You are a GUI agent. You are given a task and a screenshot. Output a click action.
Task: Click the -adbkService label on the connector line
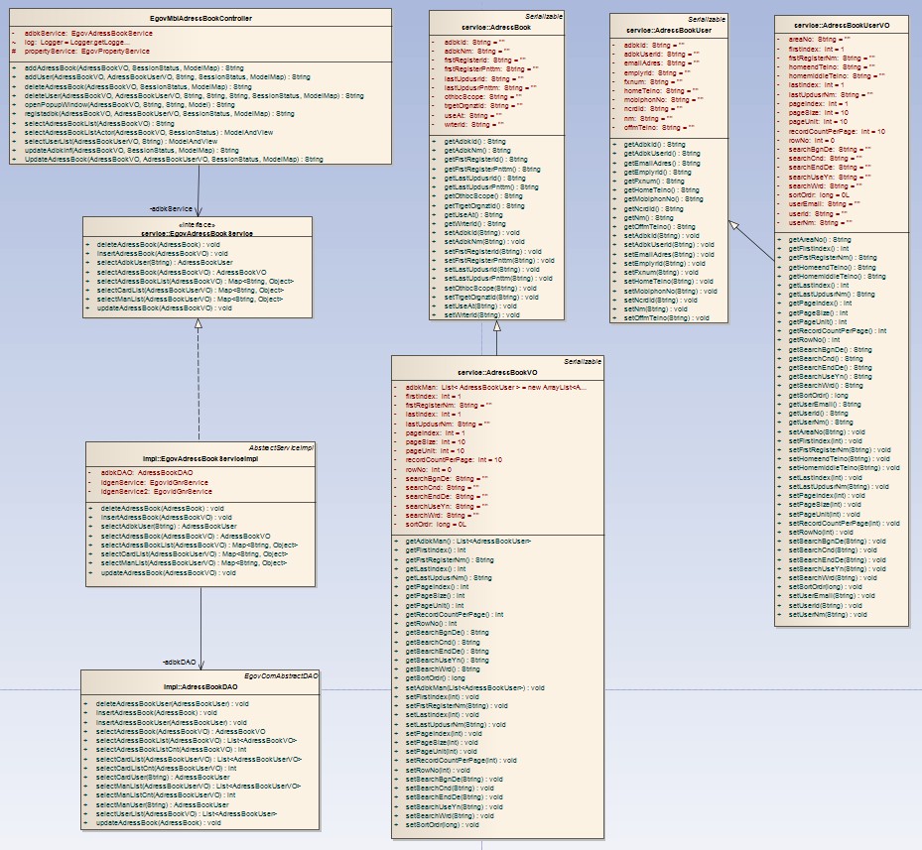170,209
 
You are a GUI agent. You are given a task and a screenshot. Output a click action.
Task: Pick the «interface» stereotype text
200,224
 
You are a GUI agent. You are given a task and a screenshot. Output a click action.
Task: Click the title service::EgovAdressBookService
200,232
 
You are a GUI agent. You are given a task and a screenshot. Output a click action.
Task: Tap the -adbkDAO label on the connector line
180,661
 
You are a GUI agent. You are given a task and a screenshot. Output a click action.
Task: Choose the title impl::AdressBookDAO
200,685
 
